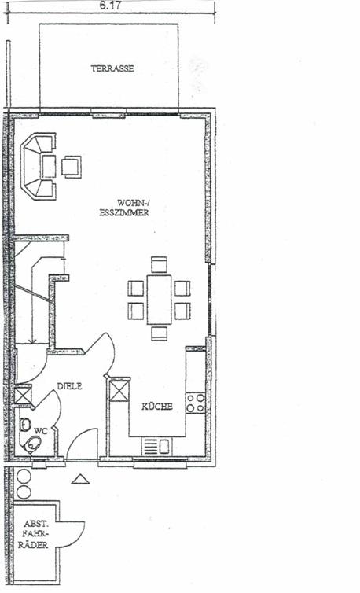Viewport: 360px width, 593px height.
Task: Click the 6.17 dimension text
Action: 110,6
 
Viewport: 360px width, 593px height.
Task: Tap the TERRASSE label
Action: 112,68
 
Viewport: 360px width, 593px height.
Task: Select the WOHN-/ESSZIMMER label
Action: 124,208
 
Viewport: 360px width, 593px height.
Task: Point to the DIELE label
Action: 70,386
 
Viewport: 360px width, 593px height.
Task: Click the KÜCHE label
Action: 157,407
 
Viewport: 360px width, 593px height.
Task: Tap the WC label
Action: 41,431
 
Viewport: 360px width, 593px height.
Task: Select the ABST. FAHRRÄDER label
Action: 36,534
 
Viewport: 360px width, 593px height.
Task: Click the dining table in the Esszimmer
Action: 159,300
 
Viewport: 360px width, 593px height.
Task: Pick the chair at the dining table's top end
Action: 160,265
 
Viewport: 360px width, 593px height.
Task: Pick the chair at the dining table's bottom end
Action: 160,333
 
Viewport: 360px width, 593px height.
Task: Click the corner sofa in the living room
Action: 38,166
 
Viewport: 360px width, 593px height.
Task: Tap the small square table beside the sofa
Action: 71,167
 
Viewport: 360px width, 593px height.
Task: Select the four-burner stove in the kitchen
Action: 196,403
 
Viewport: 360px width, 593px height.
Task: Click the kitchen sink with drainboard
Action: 157,447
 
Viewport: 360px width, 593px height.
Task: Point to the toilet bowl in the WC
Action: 32,444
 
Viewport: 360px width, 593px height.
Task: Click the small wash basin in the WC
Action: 25,425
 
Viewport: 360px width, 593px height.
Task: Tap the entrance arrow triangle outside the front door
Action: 80,479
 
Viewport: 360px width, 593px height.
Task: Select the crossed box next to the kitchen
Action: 119,392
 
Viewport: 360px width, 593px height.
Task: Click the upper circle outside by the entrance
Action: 24,477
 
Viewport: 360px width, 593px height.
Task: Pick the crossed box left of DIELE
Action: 23,396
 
